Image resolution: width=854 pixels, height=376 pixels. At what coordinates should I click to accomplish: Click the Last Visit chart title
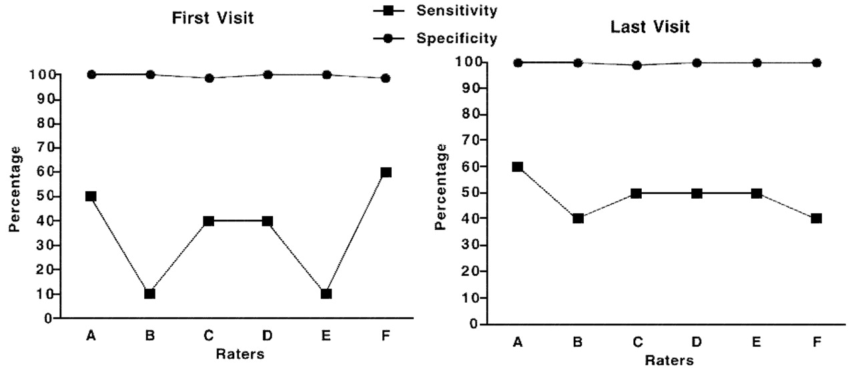click(x=650, y=27)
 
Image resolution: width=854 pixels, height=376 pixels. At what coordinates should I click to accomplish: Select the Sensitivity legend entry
click(x=456, y=11)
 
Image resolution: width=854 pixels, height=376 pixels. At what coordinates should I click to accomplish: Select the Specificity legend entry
click(x=456, y=39)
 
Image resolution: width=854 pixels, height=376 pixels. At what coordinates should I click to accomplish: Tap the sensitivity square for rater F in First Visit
click(x=385, y=172)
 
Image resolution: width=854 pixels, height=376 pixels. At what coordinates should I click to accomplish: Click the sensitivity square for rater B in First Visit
click(x=149, y=293)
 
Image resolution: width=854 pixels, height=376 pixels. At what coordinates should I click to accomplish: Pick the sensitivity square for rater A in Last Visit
click(x=517, y=167)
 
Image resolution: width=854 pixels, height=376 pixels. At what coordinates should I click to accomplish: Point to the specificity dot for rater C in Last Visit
click(x=636, y=65)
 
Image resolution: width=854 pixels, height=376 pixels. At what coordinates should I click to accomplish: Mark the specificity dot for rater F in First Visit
click(x=385, y=78)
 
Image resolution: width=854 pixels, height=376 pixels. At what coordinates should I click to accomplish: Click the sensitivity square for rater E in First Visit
click(x=326, y=293)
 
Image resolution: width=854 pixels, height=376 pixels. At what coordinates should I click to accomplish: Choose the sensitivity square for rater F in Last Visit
click(x=815, y=219)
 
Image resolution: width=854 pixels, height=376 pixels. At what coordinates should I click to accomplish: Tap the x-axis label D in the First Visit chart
click(x=268, y=336)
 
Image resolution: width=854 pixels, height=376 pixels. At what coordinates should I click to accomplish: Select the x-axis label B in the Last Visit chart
click(x=578, y=343)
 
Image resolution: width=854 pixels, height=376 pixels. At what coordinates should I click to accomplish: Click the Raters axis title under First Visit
click(x=240, y=355)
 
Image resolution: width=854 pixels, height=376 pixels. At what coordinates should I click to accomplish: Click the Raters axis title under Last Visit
click(x=669, y=361)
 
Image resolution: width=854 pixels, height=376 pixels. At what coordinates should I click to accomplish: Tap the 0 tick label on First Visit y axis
click(x=48, y=319)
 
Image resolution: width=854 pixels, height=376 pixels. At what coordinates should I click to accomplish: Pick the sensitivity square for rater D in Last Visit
click(x=697, y=193)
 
